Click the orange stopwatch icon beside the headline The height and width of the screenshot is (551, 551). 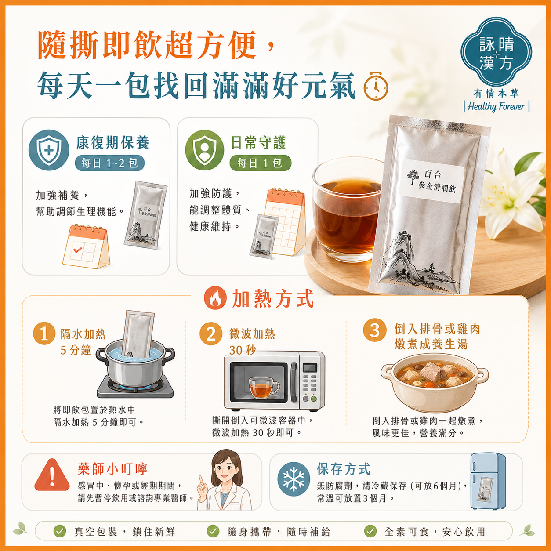pyautogui.click(x=376, y=87)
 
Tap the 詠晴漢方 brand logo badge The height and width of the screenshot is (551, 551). pyautogui.click(x=496, y=52)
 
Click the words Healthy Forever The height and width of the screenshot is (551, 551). pyautogui.click(x=496, y=107)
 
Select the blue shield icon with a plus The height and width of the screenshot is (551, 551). pyautogui.click(x=49, y=150)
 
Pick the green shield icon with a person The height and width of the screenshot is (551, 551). pyautogui.click(x=204, y=150)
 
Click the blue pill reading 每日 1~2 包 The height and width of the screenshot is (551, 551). pyautogui.click(x=109, y=163)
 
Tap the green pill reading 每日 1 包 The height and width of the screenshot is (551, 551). pyautogui.click(x=260, y=163)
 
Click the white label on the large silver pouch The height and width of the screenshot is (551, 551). pyautogui.click(x=433, y=181)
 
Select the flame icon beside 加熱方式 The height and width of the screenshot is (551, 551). pyautogui.click(x=215, y=297)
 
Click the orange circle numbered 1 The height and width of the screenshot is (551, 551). pyautogui.click(x=44, y=333)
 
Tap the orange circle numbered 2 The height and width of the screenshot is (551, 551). pyautogui.click(x=211, y=333)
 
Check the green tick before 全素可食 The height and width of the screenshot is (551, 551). pyautogui.click(x=370, y=531)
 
